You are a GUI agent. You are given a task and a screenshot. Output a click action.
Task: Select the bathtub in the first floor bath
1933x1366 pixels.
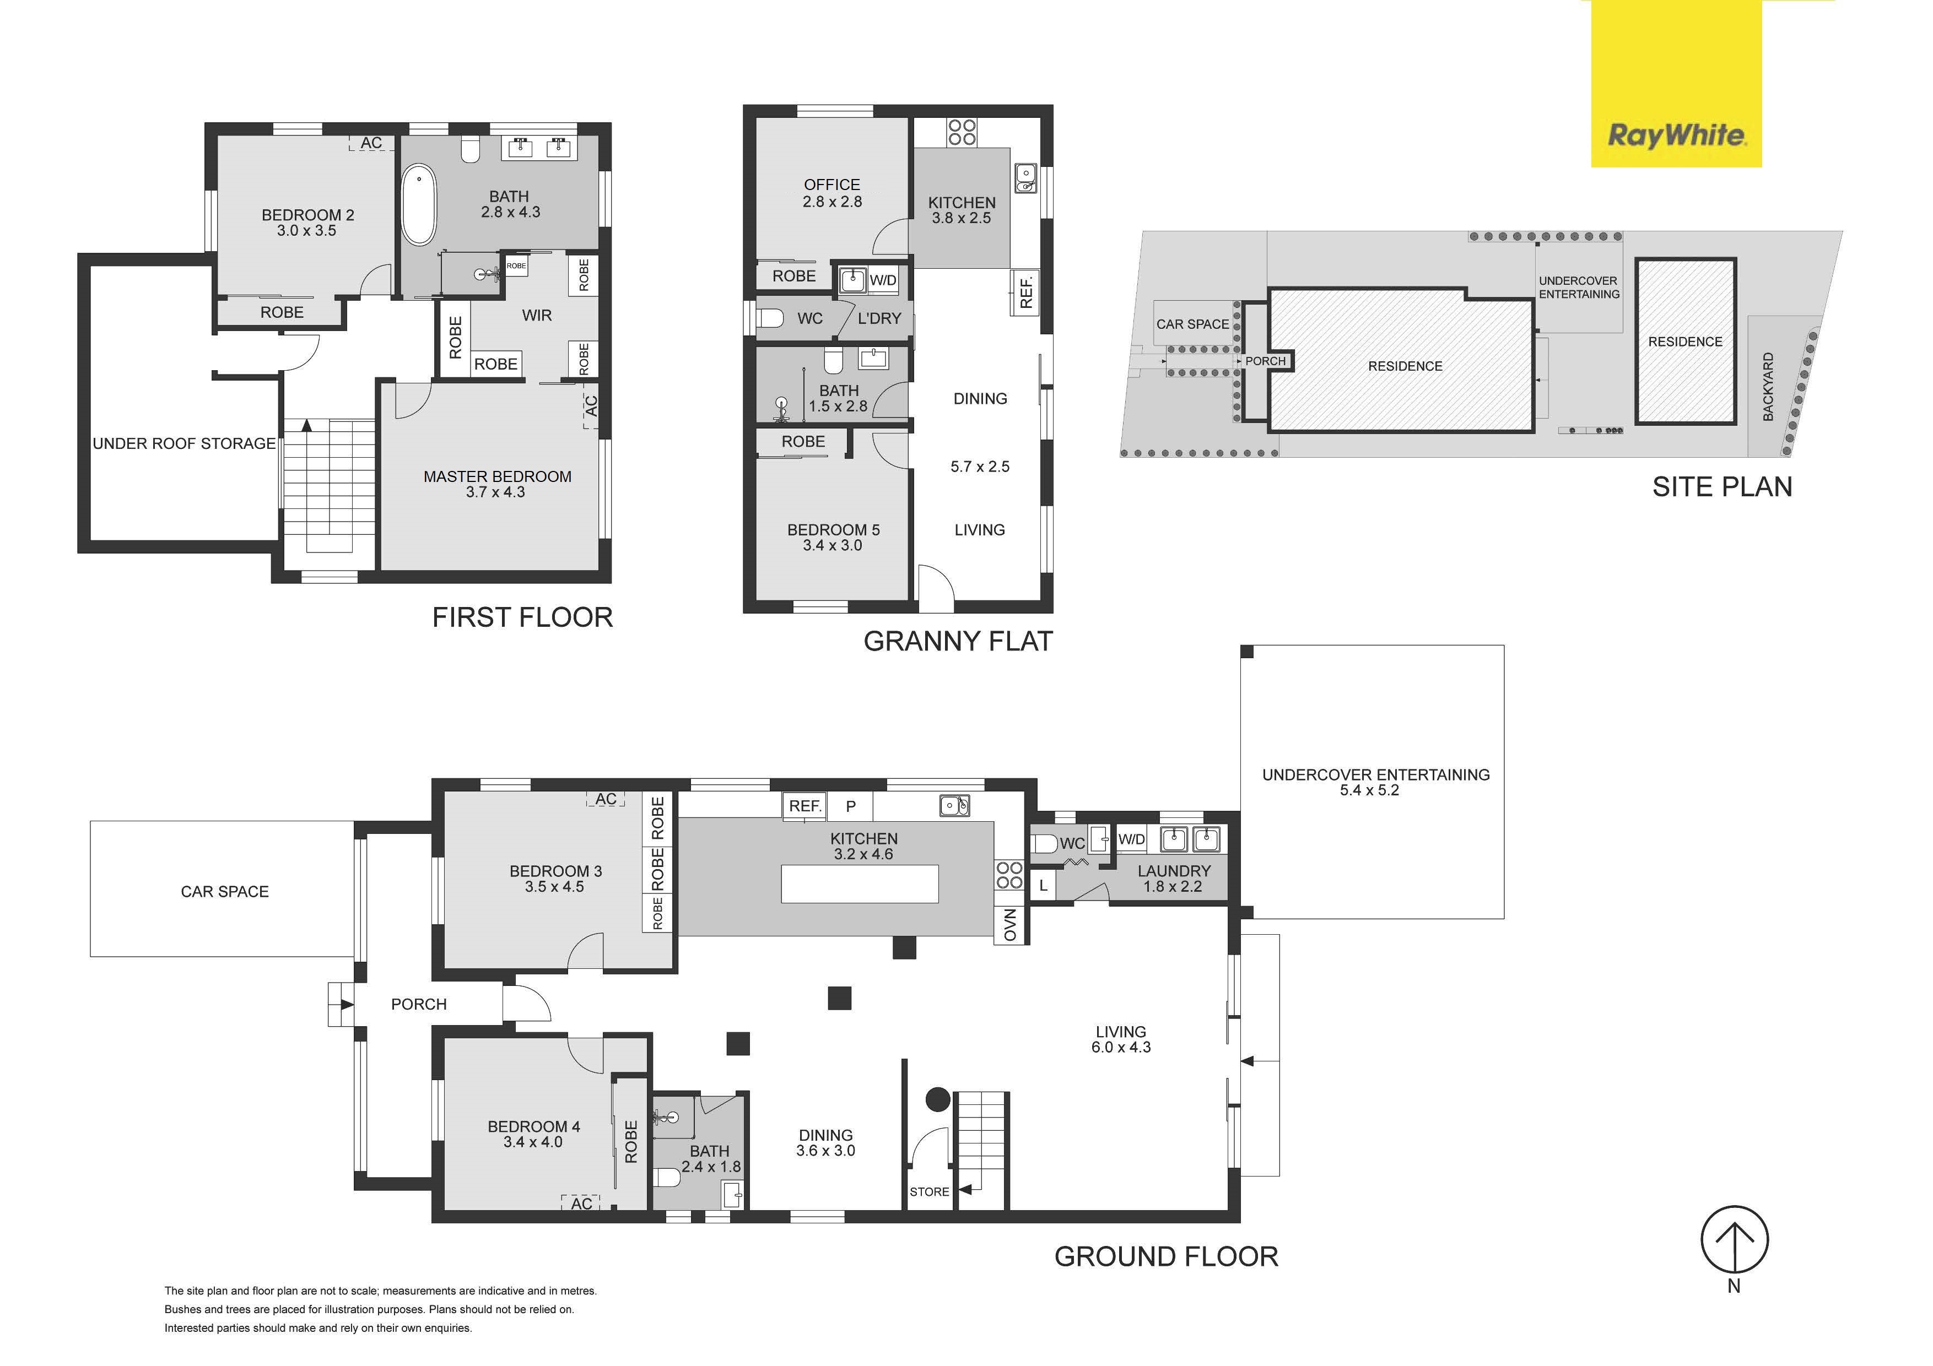point(418,204)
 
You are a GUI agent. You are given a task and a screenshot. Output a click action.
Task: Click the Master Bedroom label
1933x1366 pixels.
point(498,476)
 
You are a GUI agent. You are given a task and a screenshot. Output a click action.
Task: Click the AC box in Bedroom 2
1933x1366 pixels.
point(371,143)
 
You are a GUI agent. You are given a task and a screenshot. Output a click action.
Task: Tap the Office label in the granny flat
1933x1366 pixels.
point(832,185)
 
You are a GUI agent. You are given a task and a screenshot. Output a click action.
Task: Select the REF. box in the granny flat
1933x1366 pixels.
point(1025,291)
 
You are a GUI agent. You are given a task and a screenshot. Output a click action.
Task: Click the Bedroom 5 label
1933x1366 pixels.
point(834,529)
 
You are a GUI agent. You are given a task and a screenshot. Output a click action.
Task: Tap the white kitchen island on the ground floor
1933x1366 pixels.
point(860,883)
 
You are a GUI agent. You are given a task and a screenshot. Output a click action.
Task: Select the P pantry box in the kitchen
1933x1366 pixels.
point(850,806)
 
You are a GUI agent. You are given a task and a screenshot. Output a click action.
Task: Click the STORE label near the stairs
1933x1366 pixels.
point(930,1192)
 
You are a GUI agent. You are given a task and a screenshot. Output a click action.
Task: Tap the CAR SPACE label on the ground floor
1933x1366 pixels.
point(225,891)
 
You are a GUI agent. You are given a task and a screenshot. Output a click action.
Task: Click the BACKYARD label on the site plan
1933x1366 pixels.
point(1768,387)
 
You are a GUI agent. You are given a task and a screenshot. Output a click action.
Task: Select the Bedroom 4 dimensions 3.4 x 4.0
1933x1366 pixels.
point(533,1142)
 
